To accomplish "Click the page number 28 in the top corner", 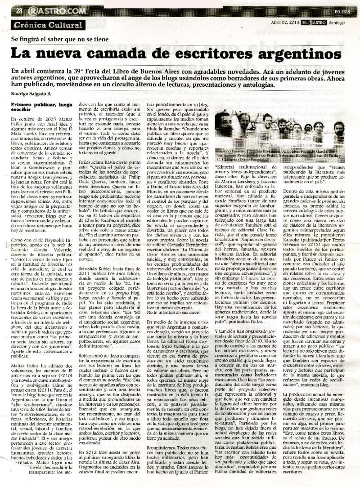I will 19,11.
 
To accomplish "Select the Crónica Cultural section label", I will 49,25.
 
